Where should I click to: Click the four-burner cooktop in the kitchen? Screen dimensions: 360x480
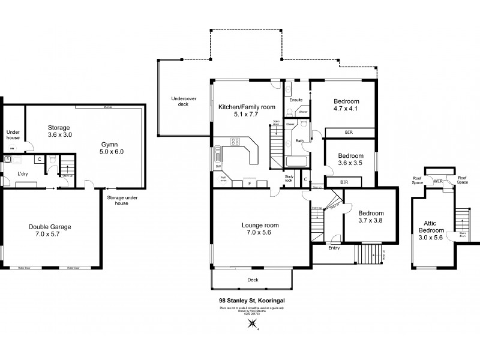point(235,142)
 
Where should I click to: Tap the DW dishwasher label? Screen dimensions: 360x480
point(218,166)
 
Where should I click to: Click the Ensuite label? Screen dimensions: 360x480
point(296,100)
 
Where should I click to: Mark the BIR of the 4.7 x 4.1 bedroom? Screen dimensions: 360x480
point(348,131)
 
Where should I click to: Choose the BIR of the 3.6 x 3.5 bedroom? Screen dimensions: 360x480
point(344,181)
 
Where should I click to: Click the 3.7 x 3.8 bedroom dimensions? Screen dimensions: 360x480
point(370,220)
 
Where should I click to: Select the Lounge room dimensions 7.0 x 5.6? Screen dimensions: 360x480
point(260,233)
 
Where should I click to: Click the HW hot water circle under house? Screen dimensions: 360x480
point(11,148)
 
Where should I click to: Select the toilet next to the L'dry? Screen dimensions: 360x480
point(53,160)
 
